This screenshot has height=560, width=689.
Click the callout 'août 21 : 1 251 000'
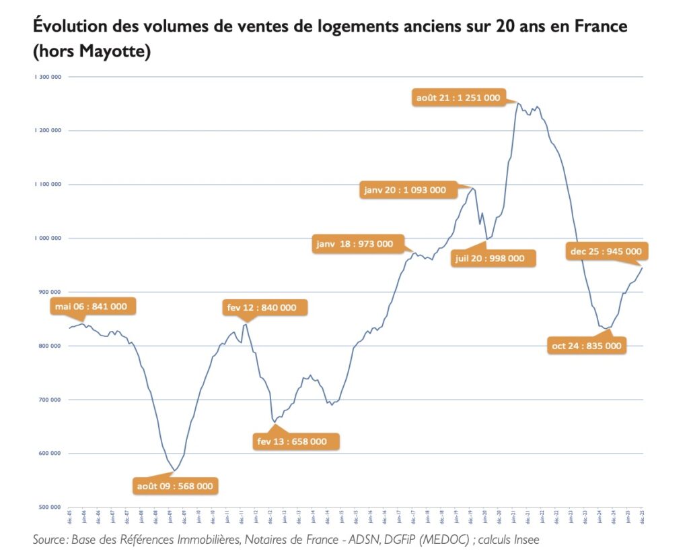(458, 98)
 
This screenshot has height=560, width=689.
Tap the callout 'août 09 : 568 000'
(176, 485)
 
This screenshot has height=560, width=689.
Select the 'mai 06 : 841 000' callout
(90, 307)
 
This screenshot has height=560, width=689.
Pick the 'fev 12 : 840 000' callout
(261, 307)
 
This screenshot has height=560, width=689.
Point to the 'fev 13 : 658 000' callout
(292, 441)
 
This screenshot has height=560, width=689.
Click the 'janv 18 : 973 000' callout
(355, 244)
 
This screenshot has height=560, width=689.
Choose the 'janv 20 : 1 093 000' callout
(405, 190)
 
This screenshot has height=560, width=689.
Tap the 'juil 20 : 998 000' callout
(489, 258)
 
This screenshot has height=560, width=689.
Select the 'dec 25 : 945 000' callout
(606, 252)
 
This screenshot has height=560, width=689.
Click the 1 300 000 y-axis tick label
(48, 77)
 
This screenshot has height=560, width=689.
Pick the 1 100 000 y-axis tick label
(48, 184)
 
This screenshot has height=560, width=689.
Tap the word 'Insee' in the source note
(524, 539)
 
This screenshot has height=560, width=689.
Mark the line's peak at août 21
(517, 103)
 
